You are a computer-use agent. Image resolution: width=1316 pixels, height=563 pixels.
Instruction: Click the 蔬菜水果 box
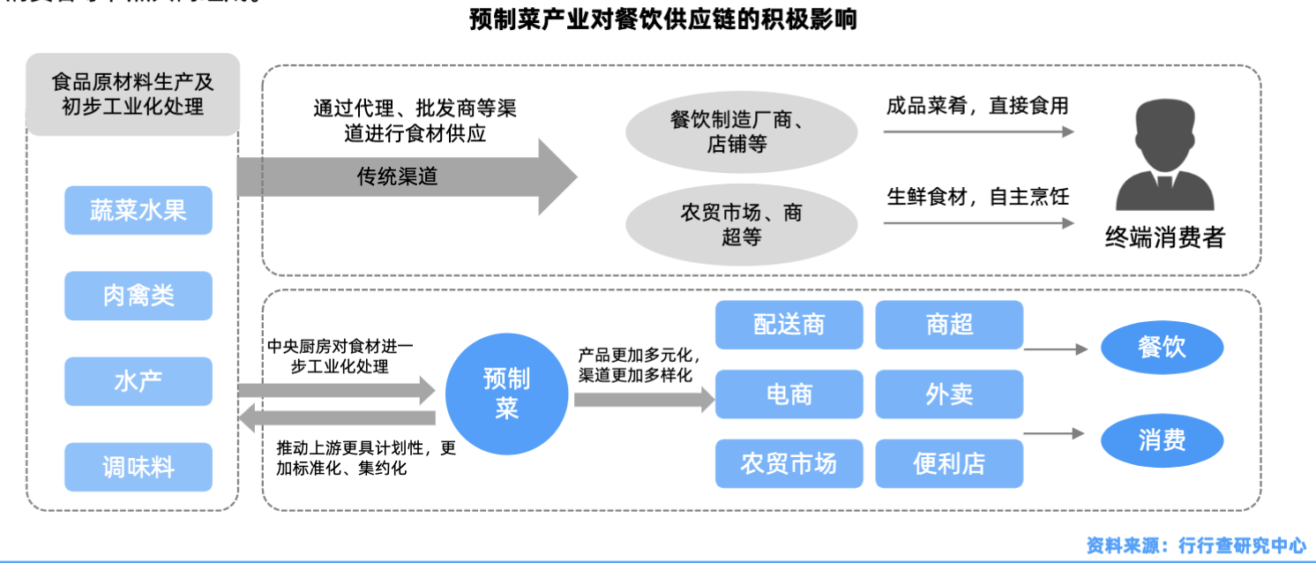tap(138, 210)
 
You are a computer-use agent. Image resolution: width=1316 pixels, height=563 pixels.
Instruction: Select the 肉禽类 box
tap(138, 296)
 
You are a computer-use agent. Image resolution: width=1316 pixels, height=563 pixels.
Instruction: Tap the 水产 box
tap(138, 381)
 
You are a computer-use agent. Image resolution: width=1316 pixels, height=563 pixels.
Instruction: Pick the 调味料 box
tap(138, 467)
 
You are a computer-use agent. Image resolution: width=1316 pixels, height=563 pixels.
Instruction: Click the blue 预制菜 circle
tap(506, 394)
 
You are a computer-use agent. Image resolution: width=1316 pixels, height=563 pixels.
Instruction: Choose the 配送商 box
tap(789, 325)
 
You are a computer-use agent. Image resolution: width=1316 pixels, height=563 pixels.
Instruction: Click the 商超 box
tap(949, 325)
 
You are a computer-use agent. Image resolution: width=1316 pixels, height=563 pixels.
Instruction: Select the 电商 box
tap(789, 394)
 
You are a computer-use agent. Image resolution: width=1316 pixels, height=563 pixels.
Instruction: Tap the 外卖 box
tap(949, 394)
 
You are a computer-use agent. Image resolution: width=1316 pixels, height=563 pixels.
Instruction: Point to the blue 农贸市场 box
tap(789, 463)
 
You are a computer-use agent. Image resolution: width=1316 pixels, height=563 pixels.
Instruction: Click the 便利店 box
tap(949, 463)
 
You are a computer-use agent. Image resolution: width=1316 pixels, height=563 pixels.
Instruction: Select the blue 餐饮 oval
tap(1162, 348)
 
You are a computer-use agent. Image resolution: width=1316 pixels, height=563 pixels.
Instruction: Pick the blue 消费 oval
tap(1162, 439)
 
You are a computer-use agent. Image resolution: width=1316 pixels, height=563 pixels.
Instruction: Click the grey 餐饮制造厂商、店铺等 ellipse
tap(741, 132)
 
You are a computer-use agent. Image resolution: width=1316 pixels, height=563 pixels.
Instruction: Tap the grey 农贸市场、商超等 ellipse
tap(741, 224)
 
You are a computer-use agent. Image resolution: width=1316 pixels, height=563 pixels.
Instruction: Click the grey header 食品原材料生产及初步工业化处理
tap(133, 94)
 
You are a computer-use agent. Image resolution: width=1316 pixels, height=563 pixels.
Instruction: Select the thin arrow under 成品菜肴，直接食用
tap(977, 132)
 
